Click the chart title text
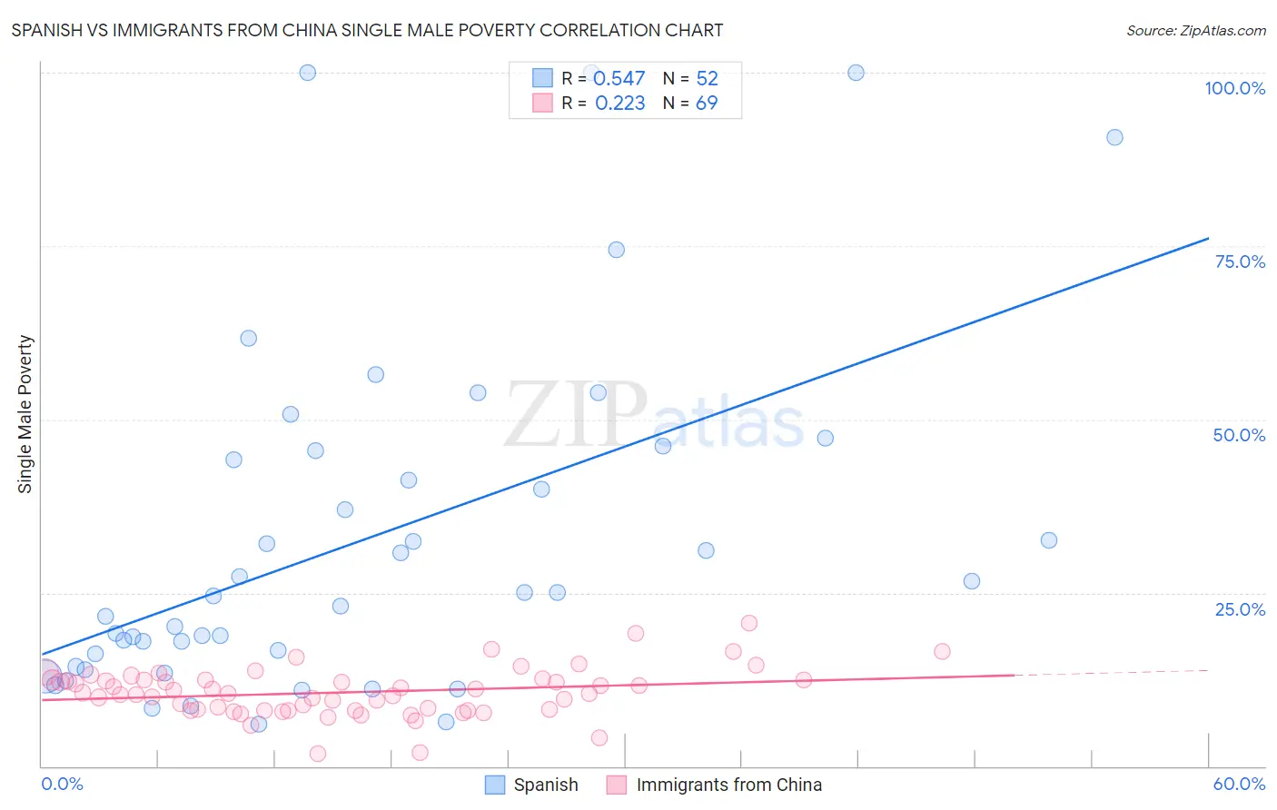367,30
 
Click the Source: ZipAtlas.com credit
1195,30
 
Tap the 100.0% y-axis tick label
1234,88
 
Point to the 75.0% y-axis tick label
1240,262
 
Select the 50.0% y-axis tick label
1239,435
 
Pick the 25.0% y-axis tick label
1240,608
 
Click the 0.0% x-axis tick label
62,784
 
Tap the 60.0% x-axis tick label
1239,784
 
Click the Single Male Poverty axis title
25,414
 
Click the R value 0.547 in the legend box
619,79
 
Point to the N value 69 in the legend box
706,104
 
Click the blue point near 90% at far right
1114,137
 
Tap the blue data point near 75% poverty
616,250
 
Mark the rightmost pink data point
942,651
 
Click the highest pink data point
749,623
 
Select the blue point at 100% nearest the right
856,73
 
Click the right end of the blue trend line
1207,239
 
